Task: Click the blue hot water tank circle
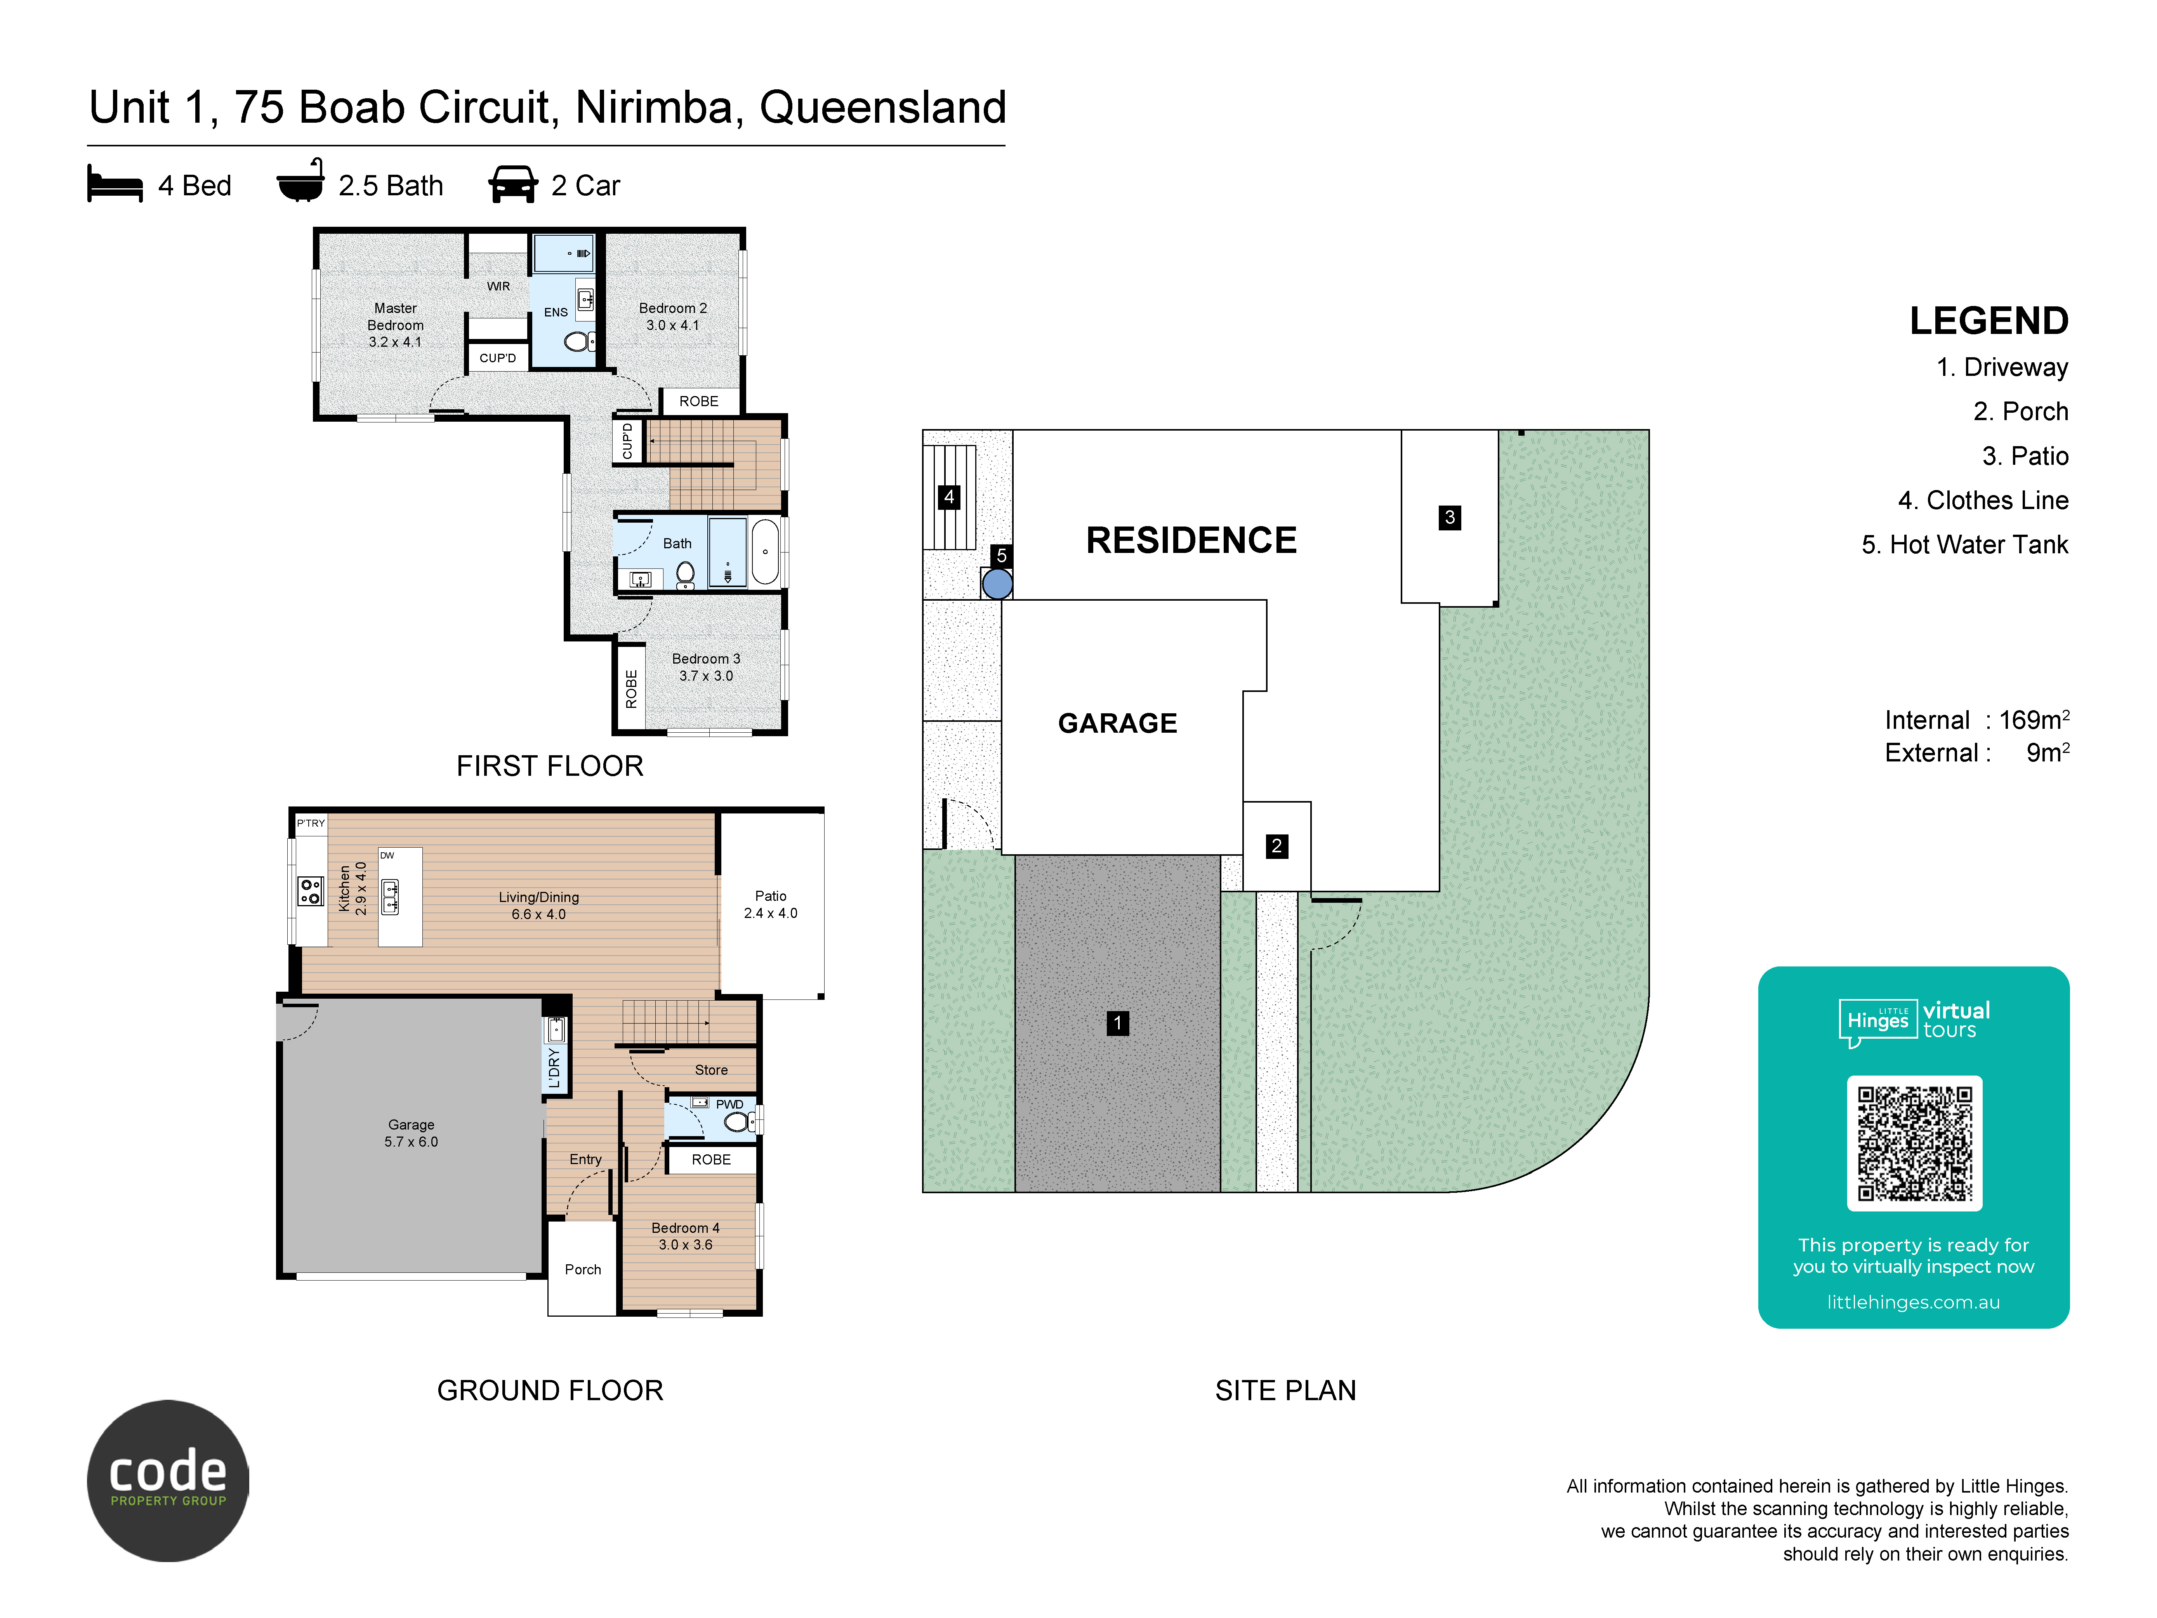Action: [997, 584]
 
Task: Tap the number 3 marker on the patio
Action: [1449, 517]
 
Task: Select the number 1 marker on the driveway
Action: [1117, 1023]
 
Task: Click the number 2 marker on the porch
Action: [1276, 846]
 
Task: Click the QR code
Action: [1914, 1143]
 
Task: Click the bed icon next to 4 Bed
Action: [115, 184]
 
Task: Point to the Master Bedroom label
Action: [395, 325]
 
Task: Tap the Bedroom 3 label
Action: [706, 667]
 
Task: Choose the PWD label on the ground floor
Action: [729, 1104]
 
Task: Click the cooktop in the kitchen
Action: [310, 890]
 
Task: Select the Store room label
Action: [711, 1070]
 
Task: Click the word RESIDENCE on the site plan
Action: [1191, 540]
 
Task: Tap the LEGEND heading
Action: [1988, 321]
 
